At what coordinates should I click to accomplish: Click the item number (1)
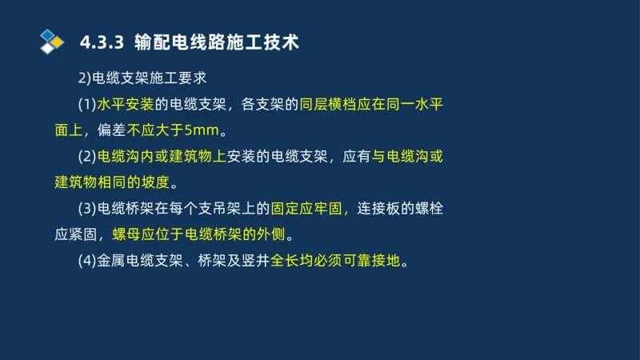(x=86, y=104)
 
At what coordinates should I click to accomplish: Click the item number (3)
(x=86, y=209)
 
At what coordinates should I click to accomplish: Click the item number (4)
(x=86, y=261)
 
